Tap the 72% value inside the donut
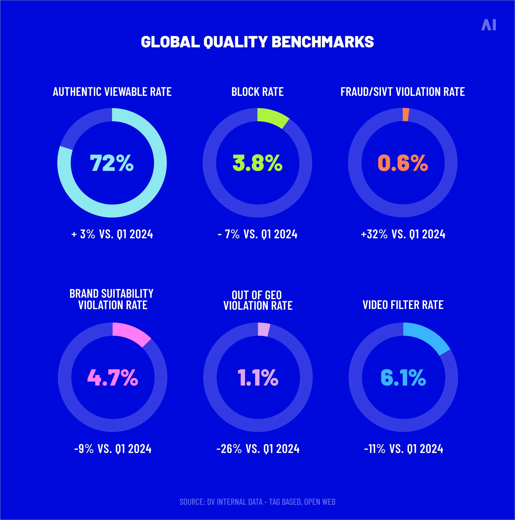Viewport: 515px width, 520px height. pyautogui.click(x=112, y=163)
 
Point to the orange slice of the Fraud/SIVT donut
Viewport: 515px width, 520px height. pyautogui.click(x=406, y=115)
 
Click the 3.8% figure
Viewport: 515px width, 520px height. pyautogui.click(x=257, y=163)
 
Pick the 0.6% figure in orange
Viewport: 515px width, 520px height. pyautogui.click(x=403, y=163)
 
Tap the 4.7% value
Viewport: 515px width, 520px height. pyautogui.click(x=113, y=377)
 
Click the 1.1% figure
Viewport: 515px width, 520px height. pyautogui.click(x=258, y=377)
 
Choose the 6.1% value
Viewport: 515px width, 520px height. pyautogui.click(x=403, y=377)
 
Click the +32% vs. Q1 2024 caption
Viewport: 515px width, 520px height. pyautogui.click(x=403, y=234)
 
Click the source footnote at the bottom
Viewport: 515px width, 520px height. pyautogui.click(x=257, y=502)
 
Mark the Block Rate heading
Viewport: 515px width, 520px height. pyautogui.click(x=257, y=92)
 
